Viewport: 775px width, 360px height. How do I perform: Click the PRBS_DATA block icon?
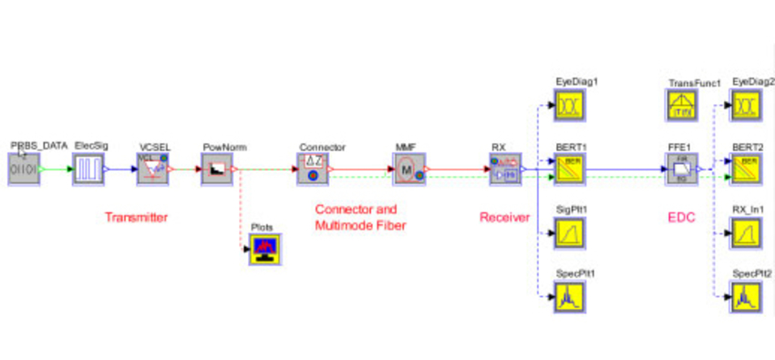click(x=25, y=170)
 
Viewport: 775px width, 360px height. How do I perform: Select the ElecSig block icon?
click(x=89, y=170)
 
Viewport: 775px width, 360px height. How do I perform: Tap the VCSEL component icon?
click(x=153, y=170)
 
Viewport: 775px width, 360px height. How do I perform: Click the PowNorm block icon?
click(x=217, y=170)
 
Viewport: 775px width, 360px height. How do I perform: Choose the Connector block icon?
click(x=312, y=170)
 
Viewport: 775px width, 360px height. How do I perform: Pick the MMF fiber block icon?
click(x=408, y=170)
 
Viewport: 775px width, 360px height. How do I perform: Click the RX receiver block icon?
click(x=505, y=170)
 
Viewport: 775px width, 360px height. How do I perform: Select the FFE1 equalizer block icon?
click(x=682, y=170)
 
